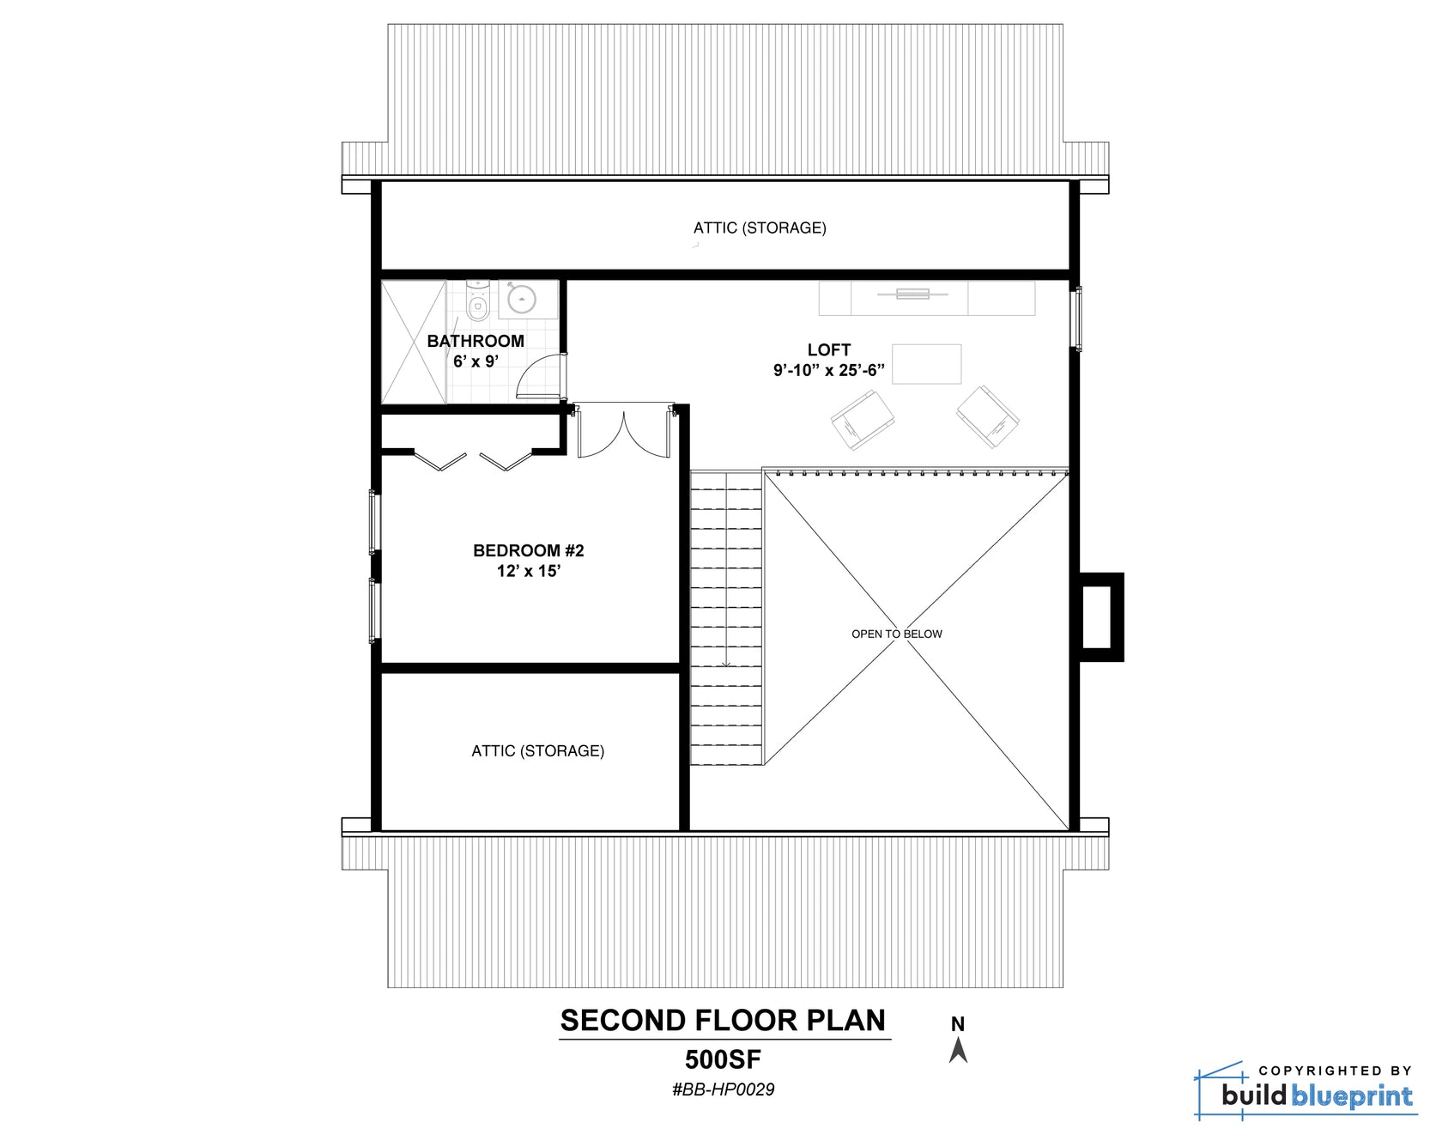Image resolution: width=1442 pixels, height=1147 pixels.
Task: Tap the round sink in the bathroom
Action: tap(521, 299)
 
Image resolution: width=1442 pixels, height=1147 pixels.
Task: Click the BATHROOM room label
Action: tap(476, 341)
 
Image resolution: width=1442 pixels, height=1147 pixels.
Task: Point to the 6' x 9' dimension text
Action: tap(476, 361)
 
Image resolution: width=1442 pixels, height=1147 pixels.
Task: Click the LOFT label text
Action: tap(828, 349)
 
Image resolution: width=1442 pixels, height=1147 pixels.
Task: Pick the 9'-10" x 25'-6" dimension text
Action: tap(828, 371)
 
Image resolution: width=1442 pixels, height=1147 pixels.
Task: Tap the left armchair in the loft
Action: tap(862, 419)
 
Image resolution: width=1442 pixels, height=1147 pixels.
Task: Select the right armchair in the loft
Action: tap(989, 416)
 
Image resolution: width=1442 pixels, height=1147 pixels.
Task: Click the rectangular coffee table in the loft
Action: tap(926, 363)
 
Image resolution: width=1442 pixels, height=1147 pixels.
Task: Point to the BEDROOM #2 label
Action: tap(528, 550)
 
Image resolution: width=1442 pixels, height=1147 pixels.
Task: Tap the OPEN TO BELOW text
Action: tap(896, 634)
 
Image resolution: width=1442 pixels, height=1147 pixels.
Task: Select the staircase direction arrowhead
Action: tap(726, 663)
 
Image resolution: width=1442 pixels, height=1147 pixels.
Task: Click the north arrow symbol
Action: tap(958, 1049)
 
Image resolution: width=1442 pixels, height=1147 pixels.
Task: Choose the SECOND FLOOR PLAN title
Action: tap(723, 1020)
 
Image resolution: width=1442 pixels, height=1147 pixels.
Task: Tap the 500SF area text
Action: tap(723, 1059)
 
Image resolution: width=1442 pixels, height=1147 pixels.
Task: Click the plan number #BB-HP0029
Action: tap(723, 1089)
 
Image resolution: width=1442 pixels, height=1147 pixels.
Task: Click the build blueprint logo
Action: tap(1305, 1092)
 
